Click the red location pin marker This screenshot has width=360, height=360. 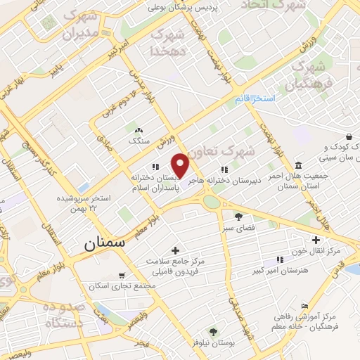[181, 165]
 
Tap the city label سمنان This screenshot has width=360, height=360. [104, 243]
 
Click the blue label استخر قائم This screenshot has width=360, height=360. [255, 99]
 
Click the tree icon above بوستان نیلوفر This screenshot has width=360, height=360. [212, 331]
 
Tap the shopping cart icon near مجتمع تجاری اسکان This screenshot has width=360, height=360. [122, 275]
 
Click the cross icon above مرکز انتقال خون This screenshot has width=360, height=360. [317, 239]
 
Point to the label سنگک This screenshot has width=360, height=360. [139, 141]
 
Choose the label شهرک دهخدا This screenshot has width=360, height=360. [167, 41]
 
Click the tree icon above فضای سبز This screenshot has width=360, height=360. [238, 216]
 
